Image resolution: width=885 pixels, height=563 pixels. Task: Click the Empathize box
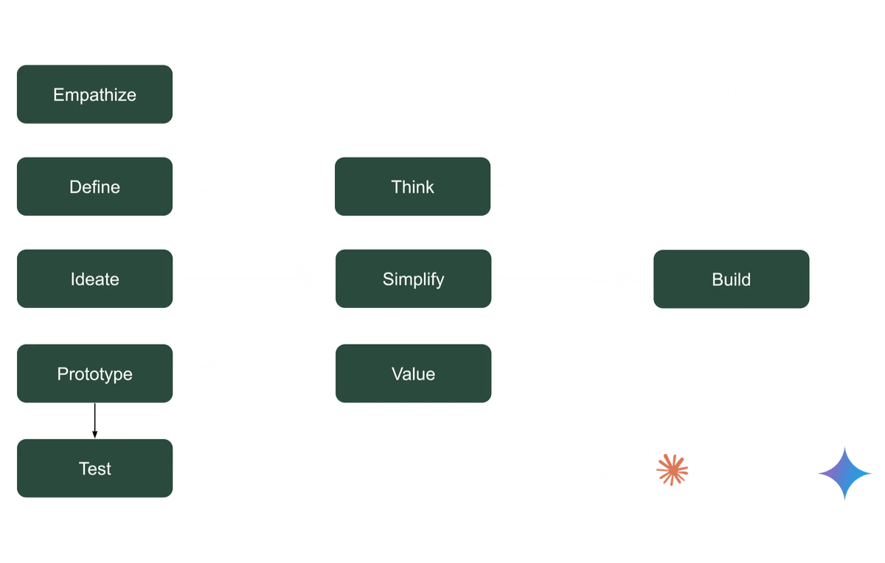coord(94,94)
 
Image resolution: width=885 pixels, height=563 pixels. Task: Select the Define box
coord(94,187)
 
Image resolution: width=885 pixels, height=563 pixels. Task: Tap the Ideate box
coord(94,279)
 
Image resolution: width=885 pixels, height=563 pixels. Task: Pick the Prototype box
coord(94,374)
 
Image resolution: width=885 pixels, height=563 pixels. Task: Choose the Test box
coord(94,468)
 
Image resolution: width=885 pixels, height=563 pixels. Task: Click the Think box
coord(413,187)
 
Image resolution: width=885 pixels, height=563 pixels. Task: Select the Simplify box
coord(413,279)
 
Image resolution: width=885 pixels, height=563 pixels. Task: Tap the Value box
coord(413,374)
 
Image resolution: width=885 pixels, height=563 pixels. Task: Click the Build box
coord(731,279)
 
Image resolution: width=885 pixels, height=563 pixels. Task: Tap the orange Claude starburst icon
coord(672,470)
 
